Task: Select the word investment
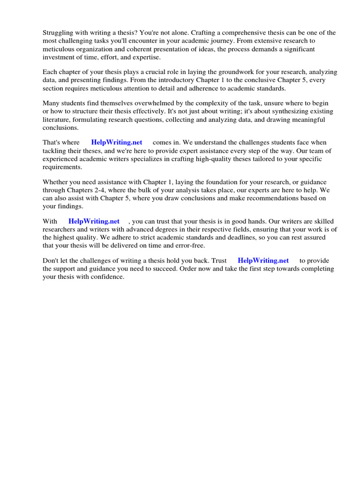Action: [x=60, y=57]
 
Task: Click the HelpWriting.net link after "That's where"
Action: [x=117, y=142]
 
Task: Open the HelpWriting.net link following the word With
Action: [x=94, y=221]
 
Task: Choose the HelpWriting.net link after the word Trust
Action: [x=263, y=261]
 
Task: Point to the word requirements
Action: [x=62, y=167]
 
